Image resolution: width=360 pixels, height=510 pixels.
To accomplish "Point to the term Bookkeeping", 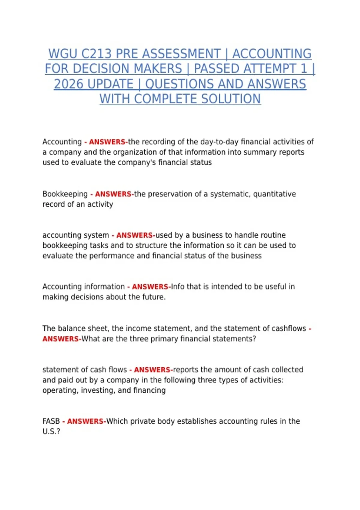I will (x=65, y=194).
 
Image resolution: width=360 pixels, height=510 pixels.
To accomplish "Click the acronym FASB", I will (x=51, y=421).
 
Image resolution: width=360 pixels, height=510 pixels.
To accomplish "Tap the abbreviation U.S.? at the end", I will (x=51, y=432).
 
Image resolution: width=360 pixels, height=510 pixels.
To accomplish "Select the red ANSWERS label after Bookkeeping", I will (x=113, y=194).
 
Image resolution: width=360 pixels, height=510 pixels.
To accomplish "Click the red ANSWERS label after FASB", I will (x=85, y=421).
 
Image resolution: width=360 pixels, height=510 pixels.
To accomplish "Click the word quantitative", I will (x=274, y=194).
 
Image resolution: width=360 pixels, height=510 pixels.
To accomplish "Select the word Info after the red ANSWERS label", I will (x=178, y=287).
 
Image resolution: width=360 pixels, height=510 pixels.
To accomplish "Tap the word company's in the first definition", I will (x=136, y=162).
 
